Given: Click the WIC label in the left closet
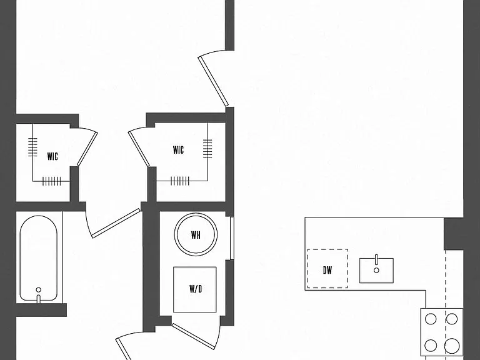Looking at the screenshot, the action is (x=52, y=156).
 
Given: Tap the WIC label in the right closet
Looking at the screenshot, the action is (x=179, y=150).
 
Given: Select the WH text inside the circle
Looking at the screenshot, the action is (x=196, y=235).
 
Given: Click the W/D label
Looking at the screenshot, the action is (x=196, y=289).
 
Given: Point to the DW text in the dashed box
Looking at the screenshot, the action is (x=327, y=270).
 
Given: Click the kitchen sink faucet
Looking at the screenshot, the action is (x=376, y=259).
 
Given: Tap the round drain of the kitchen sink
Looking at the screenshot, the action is (x=376, y=270).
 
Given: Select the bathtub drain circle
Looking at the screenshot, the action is (x=39, y=289).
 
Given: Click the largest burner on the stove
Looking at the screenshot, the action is (x=452, y=346).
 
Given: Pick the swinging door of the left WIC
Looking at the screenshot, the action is (x=87, y=149).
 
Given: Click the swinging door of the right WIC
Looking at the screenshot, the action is (x=139, y=149).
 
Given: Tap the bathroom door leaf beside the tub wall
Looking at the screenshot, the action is (x=116, y=224).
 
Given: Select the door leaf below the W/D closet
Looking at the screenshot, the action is (x=194, y=336).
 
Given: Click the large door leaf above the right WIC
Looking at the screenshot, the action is (x=213, y=81).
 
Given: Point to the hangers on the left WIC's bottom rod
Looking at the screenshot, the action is (x=51, y=181).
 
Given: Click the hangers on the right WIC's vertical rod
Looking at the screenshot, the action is (x=207, y=149).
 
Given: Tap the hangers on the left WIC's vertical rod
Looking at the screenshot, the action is (x=32, y=147).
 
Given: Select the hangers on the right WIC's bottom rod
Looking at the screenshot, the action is (x=180, y=181).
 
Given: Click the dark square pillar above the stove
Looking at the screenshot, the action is (x=454, y=234).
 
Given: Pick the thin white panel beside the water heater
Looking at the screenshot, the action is (x=232, y=239).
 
